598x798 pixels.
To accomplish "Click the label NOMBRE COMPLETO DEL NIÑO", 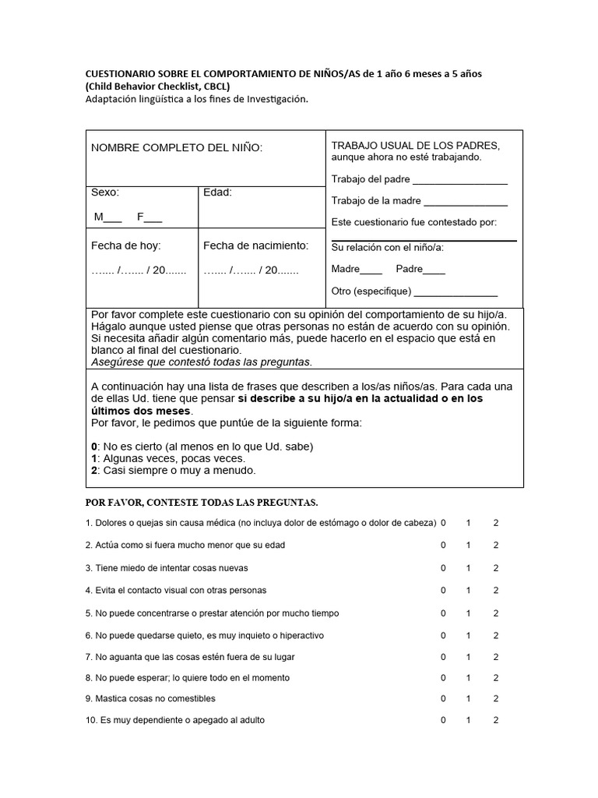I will (x=177, y=148).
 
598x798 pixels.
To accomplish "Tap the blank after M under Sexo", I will (x=113, y=218).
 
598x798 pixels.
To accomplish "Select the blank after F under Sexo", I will (x=153, y=218).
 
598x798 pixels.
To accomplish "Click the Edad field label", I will (x=217, y=192).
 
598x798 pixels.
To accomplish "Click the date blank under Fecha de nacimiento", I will (x=251, y=270).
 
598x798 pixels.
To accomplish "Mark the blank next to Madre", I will (x=371, y=271).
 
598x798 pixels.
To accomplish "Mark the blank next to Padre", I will (x=434, y=271).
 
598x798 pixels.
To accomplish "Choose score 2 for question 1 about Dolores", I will (x=496, y=523).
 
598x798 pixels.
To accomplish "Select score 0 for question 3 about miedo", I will (x=443, y=568).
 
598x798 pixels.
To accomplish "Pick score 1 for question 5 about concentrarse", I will (x=469, y=613).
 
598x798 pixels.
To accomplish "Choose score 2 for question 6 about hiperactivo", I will (x=496, y=636).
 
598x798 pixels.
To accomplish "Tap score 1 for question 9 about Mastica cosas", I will (x=469, y=698).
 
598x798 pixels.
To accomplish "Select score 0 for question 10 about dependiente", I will (x=443, y=721).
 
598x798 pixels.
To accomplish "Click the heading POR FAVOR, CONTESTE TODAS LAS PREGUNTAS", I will (x=201, y=501).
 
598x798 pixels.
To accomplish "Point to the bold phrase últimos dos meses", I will (x=141, y=411).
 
